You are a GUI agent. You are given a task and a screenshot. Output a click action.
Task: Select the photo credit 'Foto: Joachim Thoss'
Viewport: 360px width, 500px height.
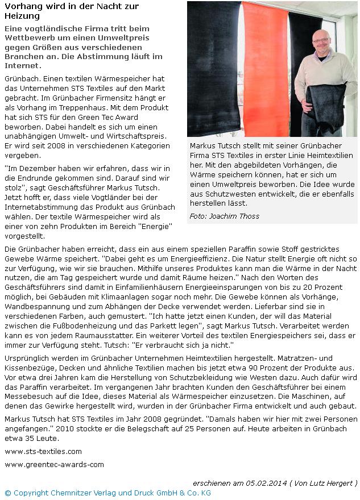(224, 216)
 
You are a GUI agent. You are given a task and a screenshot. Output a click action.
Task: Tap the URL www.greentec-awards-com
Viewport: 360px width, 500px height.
(54, 464)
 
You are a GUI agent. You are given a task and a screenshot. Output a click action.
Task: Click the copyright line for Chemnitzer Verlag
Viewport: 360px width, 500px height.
(107, 492)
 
